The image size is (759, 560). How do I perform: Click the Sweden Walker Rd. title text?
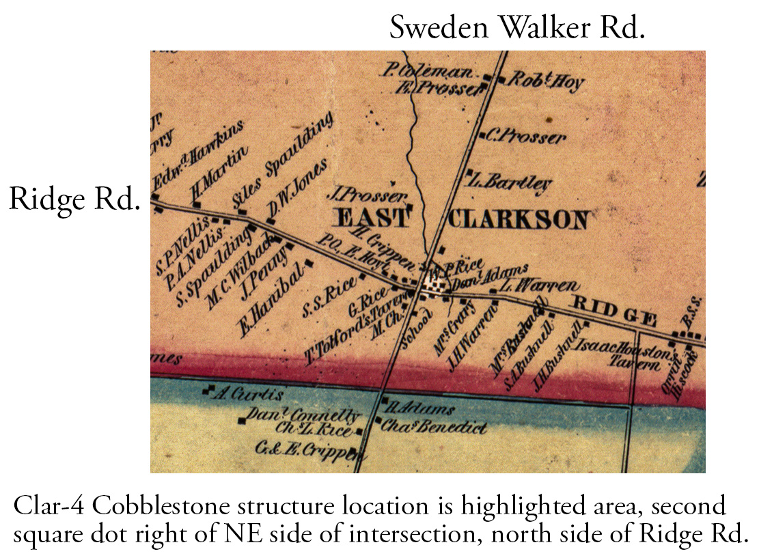(x=516, y=28)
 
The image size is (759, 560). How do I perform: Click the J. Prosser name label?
(x=372, y=195)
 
